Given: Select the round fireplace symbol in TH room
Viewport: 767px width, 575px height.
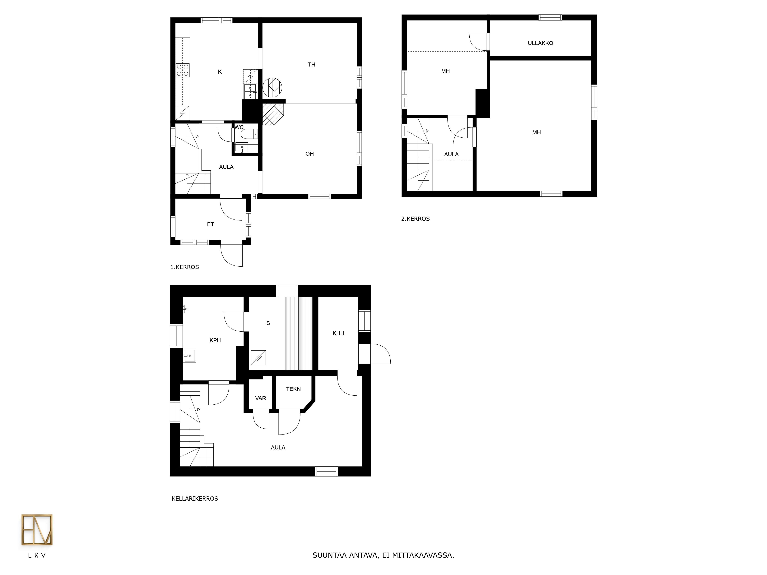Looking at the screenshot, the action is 272,87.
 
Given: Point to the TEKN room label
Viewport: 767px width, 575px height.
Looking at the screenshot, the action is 293,389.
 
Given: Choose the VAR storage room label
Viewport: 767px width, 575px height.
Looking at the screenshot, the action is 260,398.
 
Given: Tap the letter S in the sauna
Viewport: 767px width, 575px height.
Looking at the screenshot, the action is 268,323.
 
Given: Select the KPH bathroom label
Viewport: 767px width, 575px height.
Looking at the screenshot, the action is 215,340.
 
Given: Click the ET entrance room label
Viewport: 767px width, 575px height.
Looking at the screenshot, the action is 211,224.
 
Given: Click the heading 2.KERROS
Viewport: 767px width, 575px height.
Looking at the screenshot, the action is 415,219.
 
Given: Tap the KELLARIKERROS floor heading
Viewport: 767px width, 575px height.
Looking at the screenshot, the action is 195,498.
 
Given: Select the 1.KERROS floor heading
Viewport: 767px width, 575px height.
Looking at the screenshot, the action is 184,267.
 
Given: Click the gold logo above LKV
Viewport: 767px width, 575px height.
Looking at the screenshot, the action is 37,530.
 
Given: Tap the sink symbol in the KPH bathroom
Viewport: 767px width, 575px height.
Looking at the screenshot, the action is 189,356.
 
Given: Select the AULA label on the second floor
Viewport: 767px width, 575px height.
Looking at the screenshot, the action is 451,154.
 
